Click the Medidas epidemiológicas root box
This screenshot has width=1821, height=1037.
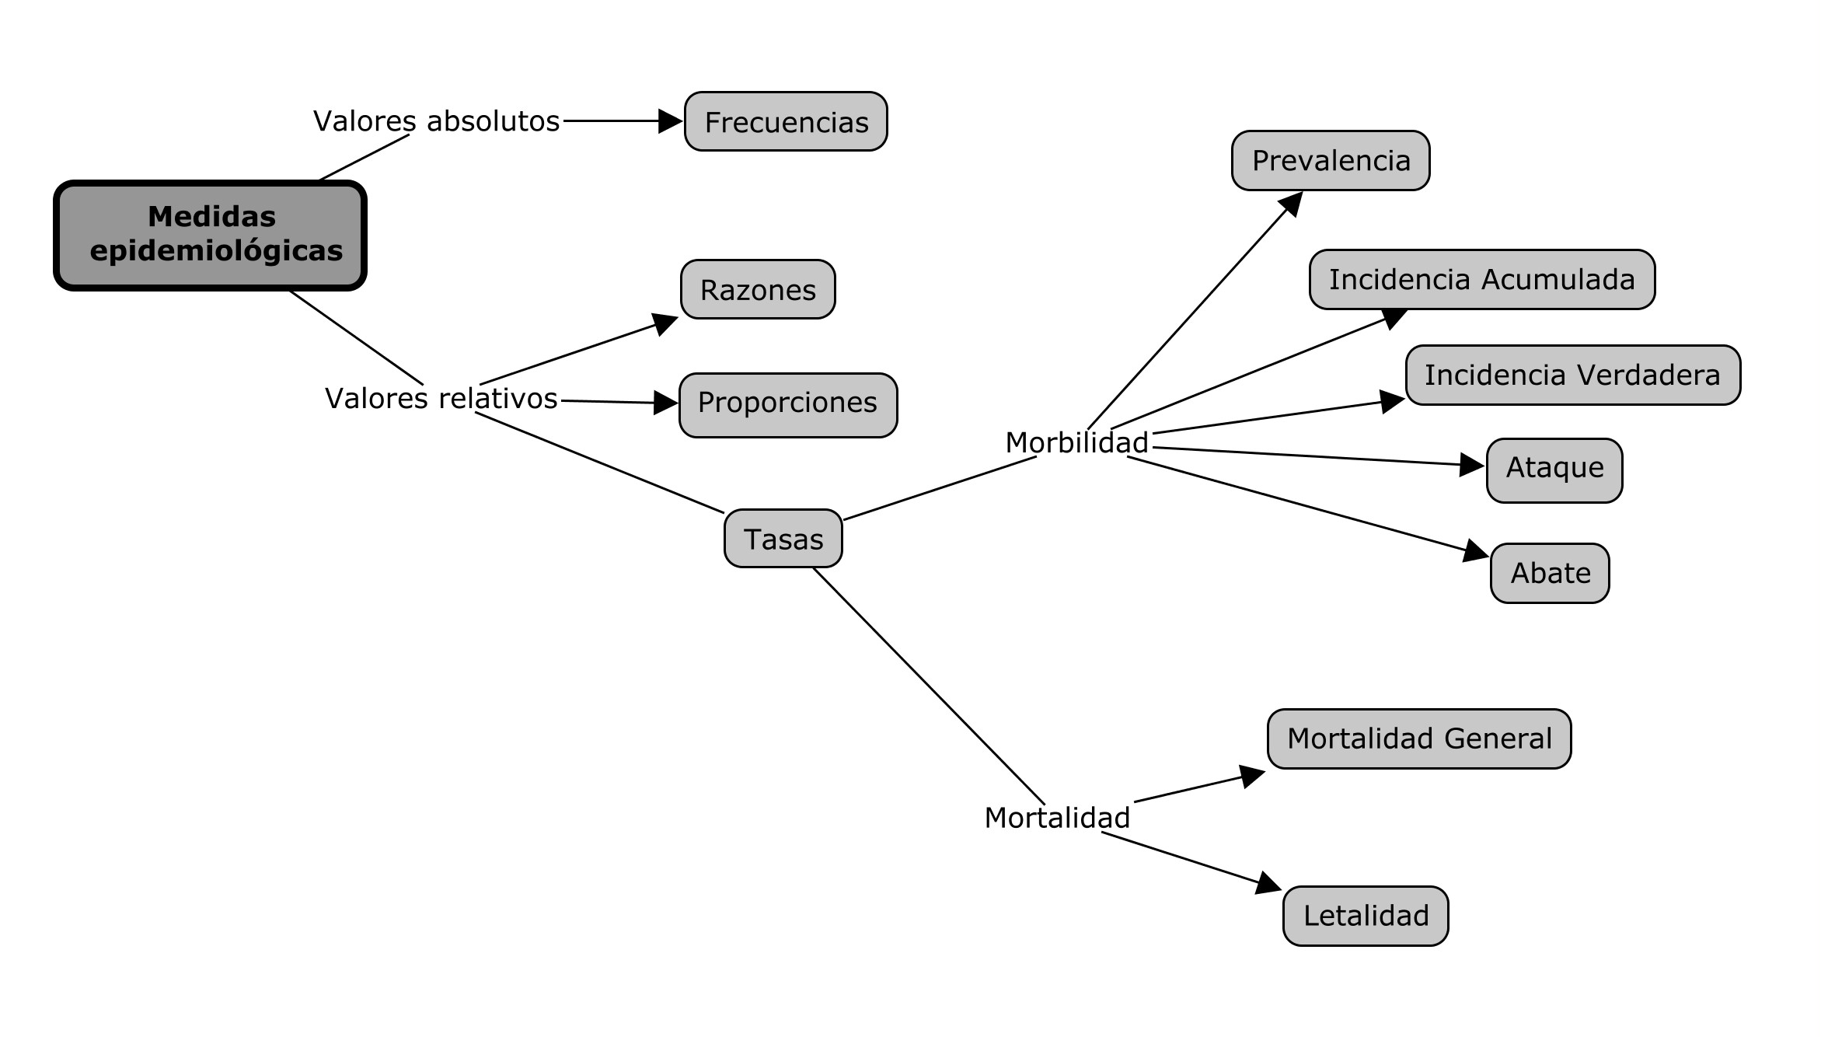pos(210,235)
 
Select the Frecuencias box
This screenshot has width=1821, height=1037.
pos(786,121)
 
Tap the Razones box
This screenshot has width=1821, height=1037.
pos(758,289)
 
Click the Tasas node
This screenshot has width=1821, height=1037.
pos(783,538)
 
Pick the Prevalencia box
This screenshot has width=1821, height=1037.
pos(1330,160)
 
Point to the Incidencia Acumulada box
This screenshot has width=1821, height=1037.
pos(1481,279)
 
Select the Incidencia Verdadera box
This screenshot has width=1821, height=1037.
pos(1572,375)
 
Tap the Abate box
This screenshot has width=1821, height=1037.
pos(1549,573)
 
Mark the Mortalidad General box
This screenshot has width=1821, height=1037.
pos(1418,738)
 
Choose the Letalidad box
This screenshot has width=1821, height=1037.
pos(1365,915)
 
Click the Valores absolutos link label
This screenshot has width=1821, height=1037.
pos(436,121)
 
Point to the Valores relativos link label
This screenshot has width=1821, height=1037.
pos(441,398)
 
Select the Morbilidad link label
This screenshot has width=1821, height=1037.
pos(1076,442)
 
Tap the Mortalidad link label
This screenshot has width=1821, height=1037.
pos(1057,818)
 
